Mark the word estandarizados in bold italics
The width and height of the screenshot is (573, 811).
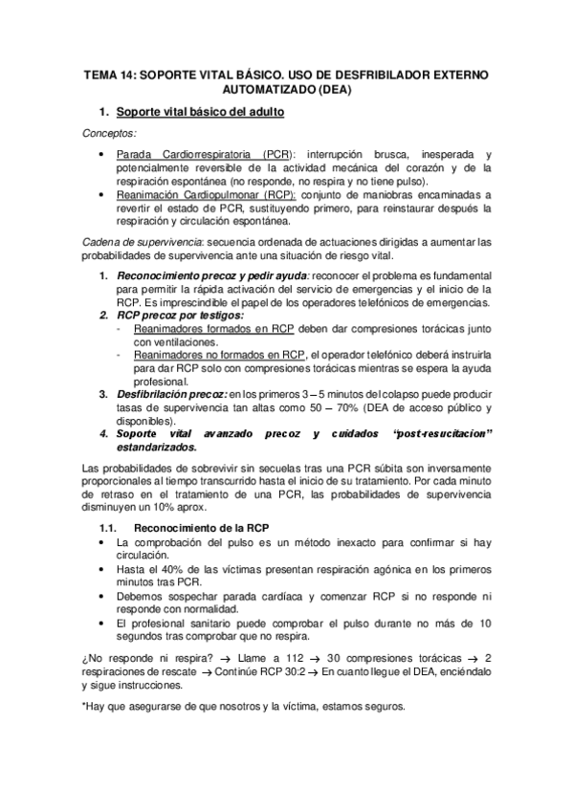tap(157, 447)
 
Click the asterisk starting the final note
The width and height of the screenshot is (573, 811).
tap(84, 707)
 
